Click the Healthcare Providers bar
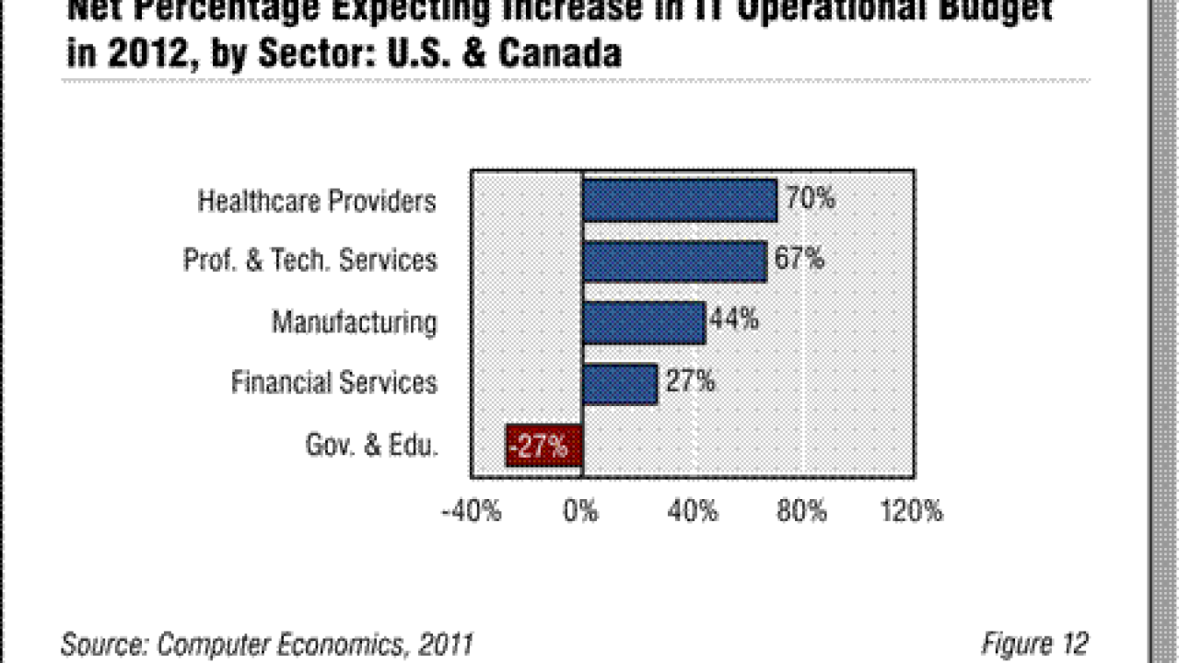coord(680,201)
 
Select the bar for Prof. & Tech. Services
coord(674,262)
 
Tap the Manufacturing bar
coord(644,322)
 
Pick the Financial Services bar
coord(620,383)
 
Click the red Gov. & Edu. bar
coord(543,446)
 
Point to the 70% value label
coord(811,198)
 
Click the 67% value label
coord(800,259)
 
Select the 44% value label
coord(735,320)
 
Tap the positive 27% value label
coord(690,380)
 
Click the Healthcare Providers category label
coord(317,202)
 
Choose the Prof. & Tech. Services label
coord(310,262)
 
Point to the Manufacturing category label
coord(355,322)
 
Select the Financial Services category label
coord(334,382)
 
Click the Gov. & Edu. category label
coord(372,446)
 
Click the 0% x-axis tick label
coord(582,512)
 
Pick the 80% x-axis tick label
coord(802,512)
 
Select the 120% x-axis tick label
coord(913,512)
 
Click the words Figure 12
coord(1034,643)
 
